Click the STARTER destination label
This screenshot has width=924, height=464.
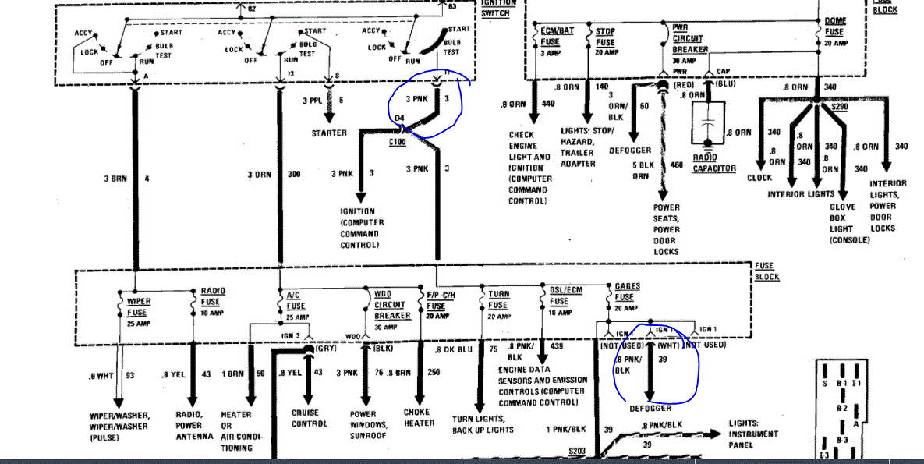point(329,133)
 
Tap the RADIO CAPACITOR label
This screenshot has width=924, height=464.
point(714,162)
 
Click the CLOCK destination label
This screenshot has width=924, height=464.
point(759,178)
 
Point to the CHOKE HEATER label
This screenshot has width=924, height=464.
point(420,418)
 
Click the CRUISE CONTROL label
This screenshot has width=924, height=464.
point(310,419)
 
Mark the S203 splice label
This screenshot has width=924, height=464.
point(577,452)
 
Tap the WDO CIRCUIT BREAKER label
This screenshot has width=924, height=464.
point(392,306)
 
